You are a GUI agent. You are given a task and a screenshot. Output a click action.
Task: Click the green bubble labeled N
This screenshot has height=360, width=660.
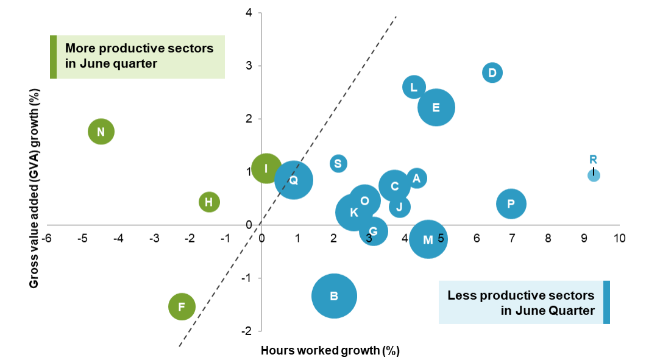(x=101, y=132)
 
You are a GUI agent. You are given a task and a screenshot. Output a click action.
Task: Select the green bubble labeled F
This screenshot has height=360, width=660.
(x=182, y=306)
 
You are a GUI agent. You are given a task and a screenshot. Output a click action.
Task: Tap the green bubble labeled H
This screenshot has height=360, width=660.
(x=209, y=202)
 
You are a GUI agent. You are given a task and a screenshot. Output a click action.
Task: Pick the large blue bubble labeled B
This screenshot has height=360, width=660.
(x=334, y=296)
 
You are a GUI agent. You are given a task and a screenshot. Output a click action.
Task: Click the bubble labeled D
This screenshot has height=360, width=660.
(x=492, y=73)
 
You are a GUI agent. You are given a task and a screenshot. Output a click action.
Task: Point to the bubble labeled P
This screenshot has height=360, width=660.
(x=511, y=204)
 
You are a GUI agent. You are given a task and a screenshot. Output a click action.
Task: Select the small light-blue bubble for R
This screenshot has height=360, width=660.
(x=594, y=175)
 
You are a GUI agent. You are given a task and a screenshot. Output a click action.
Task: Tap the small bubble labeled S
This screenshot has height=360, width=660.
(x=338, y=163)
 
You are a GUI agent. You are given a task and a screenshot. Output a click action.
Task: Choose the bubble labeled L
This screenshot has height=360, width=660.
(x=414, y=87)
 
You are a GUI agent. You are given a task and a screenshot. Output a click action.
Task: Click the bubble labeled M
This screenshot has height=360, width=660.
(x=428, y=239)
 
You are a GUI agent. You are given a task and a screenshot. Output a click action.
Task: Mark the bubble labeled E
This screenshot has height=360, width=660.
(x=436, y=107)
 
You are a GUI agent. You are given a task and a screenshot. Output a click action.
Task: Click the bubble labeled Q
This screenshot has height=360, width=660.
(x=294, y=180)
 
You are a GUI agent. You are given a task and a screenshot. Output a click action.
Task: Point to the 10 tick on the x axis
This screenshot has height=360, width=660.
(x=620, y=238)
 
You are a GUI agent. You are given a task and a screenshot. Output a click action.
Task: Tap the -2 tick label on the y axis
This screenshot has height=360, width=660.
(x=248, y=331)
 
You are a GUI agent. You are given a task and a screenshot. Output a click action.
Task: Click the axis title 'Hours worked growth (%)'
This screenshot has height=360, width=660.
(x=330, y=350)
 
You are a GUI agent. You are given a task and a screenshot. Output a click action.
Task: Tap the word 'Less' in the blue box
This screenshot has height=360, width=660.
(x=463, y=295)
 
